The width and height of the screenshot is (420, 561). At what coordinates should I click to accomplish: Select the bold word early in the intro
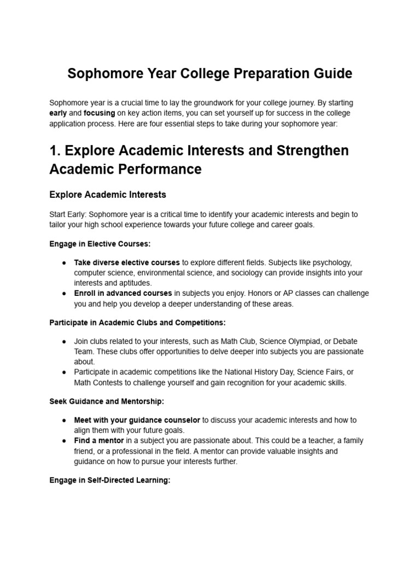(x=58, y=113)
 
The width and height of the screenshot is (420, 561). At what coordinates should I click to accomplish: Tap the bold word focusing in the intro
(x=99, y=113)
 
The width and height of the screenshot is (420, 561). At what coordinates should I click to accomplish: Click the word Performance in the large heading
(x=164, y=169)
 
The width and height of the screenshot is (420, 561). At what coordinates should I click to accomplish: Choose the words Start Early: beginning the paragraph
(x=68, y=214)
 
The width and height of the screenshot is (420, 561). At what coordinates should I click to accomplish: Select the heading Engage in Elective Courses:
(x=100, y=243)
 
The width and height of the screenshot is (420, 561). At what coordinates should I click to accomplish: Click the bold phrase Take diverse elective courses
(x=127, y=262)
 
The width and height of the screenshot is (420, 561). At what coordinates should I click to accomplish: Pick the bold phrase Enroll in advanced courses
(x=123, y=293)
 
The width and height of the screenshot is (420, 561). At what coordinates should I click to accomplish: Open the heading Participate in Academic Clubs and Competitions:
(x=137, y=323)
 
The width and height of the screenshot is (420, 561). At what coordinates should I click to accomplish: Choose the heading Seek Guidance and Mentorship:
(x=107, y=402)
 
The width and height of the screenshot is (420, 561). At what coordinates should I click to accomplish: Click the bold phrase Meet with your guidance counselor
(x=137, y=420)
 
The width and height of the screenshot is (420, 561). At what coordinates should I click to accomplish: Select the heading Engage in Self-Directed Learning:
(x=110, y=480)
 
